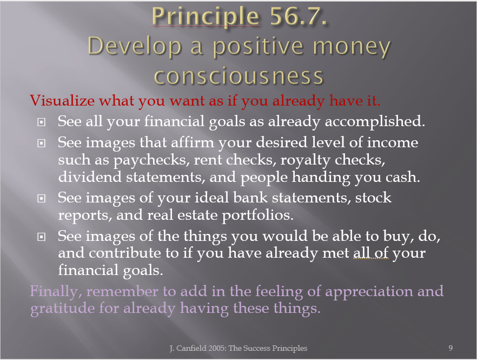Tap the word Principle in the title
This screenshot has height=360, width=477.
pos(206,17)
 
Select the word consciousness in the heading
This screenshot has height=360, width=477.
pos(239,76)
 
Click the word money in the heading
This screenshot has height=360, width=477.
pos(352,48)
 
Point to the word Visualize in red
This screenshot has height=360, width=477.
pos(62,101)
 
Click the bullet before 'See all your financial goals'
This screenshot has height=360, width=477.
pos(41,122)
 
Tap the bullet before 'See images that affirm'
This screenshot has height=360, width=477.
pos(41,143)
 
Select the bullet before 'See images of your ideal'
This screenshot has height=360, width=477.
pos(41,199)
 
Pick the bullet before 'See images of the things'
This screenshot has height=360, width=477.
pos(41,237)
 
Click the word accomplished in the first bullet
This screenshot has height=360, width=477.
pos(375,122)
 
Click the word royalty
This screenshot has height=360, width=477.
pos(305,160)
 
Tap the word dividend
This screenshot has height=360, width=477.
pos(90,177)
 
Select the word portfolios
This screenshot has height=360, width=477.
pos(257,215)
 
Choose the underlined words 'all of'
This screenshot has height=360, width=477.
pos(371,253)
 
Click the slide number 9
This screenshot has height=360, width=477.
pos(451,348)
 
